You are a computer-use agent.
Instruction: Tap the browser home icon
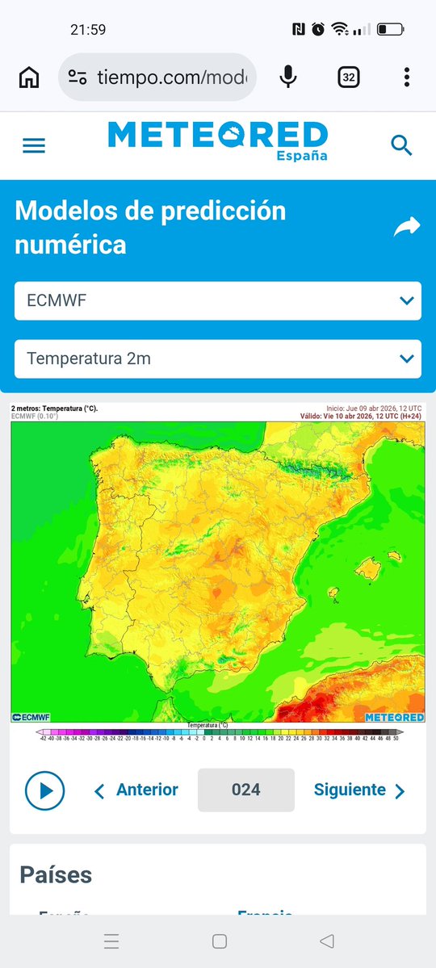point(29,78)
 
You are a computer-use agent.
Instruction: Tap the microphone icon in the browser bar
point(287,78)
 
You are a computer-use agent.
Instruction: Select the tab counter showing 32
point(349,78)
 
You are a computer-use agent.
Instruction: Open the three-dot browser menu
point(407,78)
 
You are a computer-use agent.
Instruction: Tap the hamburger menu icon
point(34,145)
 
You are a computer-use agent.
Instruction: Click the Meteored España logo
point(218,140)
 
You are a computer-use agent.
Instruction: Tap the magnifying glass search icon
point(401,145)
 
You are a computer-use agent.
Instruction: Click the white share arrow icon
point(407,228)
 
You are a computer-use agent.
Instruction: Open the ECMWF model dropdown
point(218,301)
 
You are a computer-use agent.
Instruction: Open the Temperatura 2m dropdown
point(218,358)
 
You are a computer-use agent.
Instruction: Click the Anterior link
point(137,790)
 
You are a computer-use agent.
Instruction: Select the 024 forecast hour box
point(245,790)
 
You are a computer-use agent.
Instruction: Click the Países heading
point(56,874)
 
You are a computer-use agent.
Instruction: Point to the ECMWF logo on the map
point(31,717)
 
